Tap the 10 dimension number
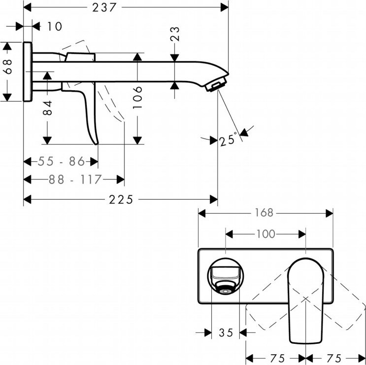[x=55, y=26]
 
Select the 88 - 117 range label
[x=74, y=180]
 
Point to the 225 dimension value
[x=121, y=199]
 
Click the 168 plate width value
[x=264, y=213]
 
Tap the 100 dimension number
[x=266, y=234]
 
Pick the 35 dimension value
[x=226, y=333]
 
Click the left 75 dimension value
[x=276, y=358]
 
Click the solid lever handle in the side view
[x=92, y=113]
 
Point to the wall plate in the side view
[x=28, y=72]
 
